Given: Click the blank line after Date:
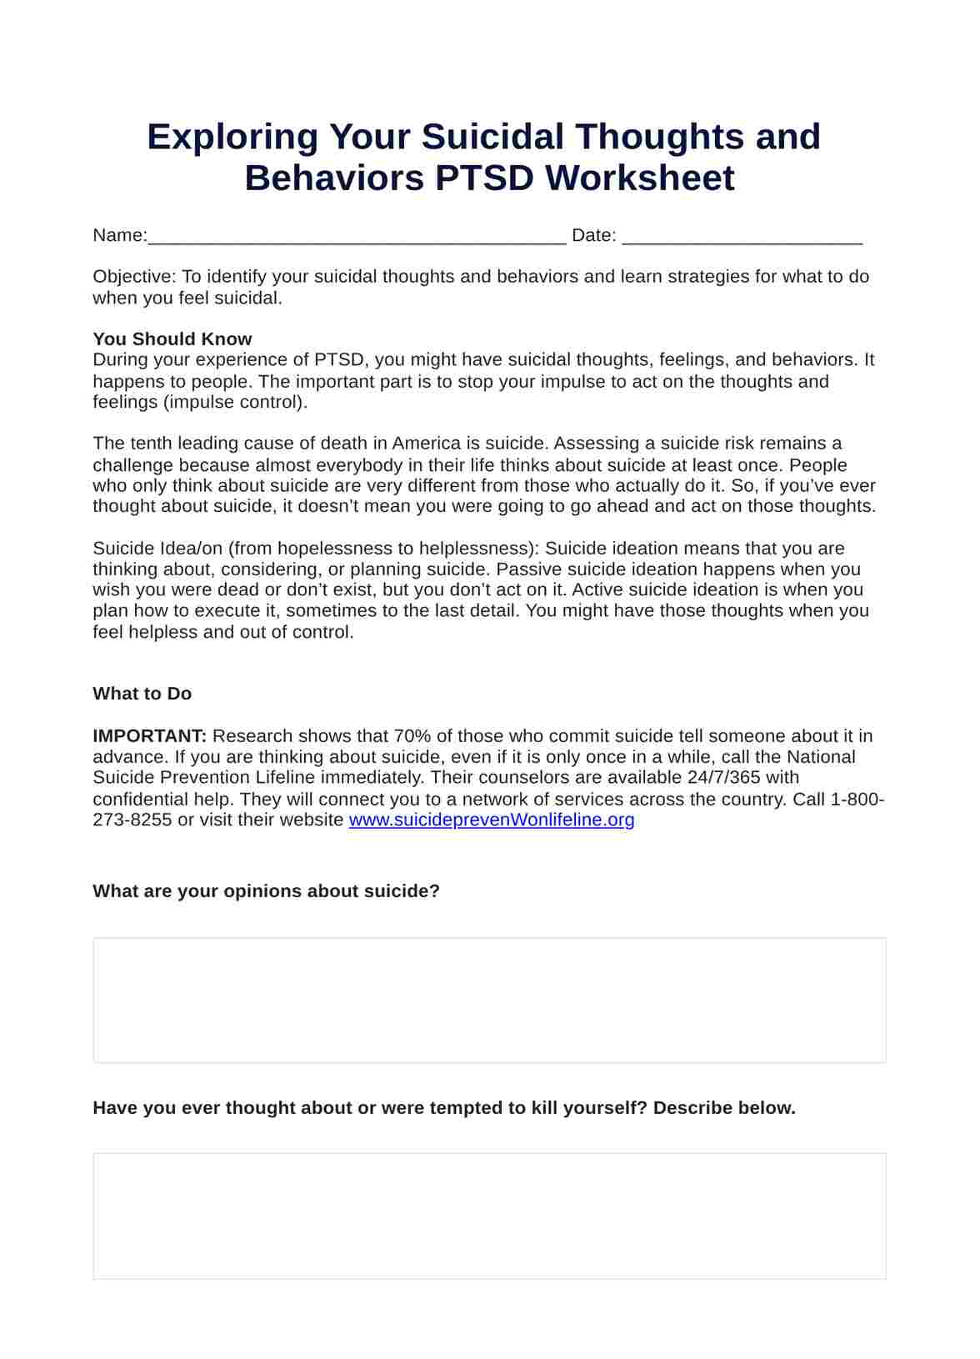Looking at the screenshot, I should coord(742,237).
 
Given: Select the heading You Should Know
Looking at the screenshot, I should coord(172,338).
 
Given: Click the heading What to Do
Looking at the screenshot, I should coord(142,694).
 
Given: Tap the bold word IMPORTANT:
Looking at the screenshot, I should coord(149,735).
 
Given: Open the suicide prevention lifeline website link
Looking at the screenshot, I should coord(491,820).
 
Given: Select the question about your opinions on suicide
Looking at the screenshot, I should coord(266,890).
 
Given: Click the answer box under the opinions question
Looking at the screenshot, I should coord(489,1000).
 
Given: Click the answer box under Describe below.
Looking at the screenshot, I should coord(489,1216).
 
